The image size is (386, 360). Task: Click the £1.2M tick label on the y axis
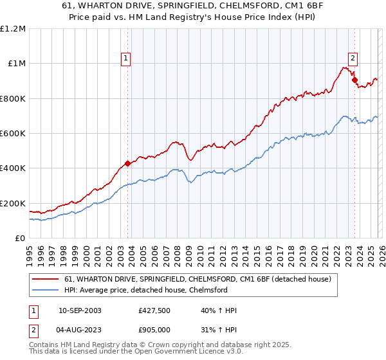coord(14,28)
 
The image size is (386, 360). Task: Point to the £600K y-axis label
coord(13,133)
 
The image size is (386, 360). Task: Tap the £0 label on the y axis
coord(20,238)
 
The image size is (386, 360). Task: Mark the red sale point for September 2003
coord(127,163)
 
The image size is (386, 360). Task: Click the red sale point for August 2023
coord(354,80)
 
